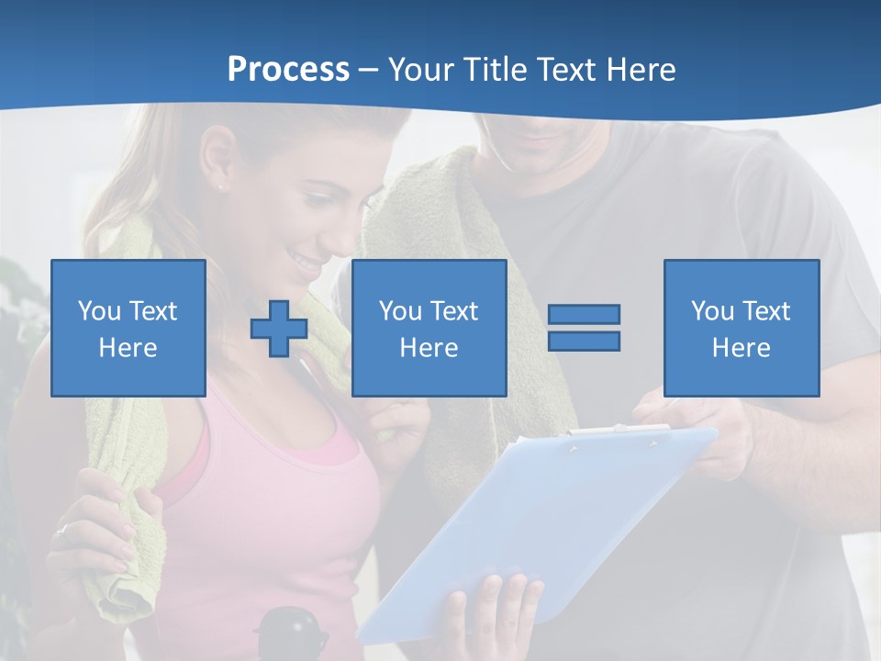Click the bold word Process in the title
tap(288, 70)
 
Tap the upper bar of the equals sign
tap(584, 315)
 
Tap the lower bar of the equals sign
tap(584, 341)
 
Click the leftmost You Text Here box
tap(128, 328)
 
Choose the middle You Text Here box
tap(429, 328)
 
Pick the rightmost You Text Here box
tap(741, 328)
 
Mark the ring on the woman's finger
tap(61, 531)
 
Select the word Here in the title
tap(641, 70)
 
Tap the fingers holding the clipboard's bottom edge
tap(496, 606)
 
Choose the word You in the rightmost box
tap(712, 311)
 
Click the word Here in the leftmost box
tap(128, 348)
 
